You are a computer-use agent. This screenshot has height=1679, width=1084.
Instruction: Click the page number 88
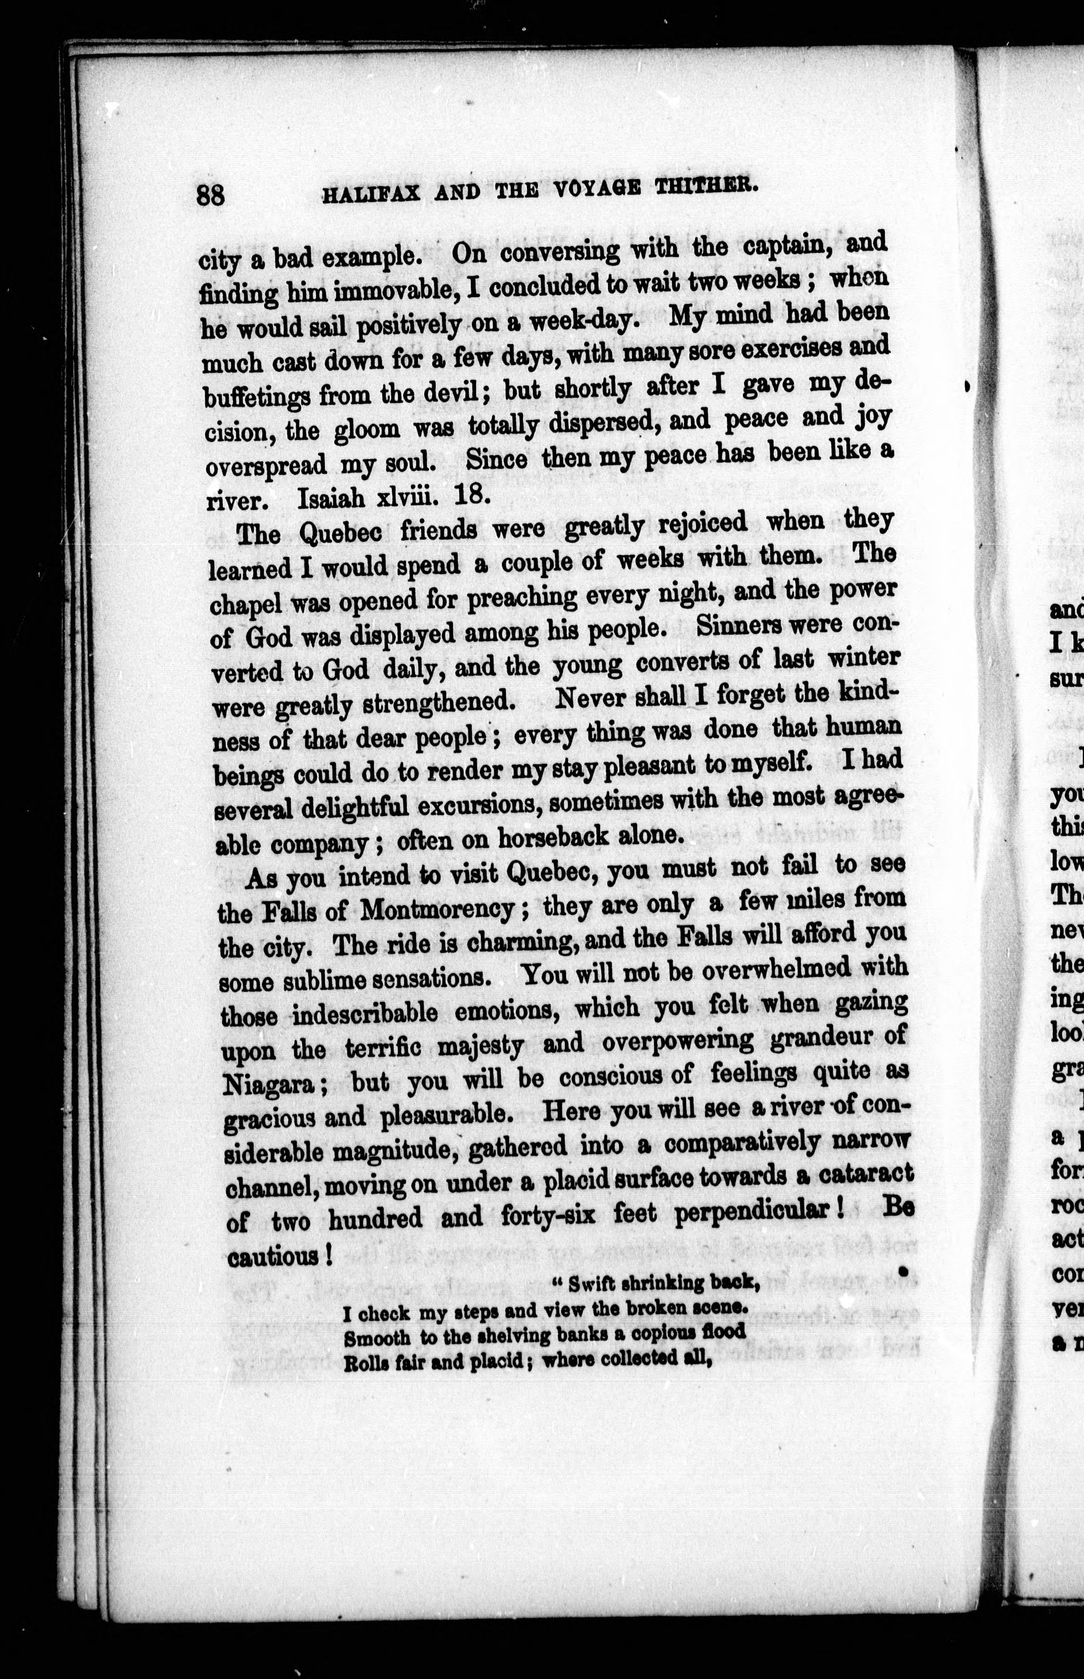pyautogui.click(x=211, y=194)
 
